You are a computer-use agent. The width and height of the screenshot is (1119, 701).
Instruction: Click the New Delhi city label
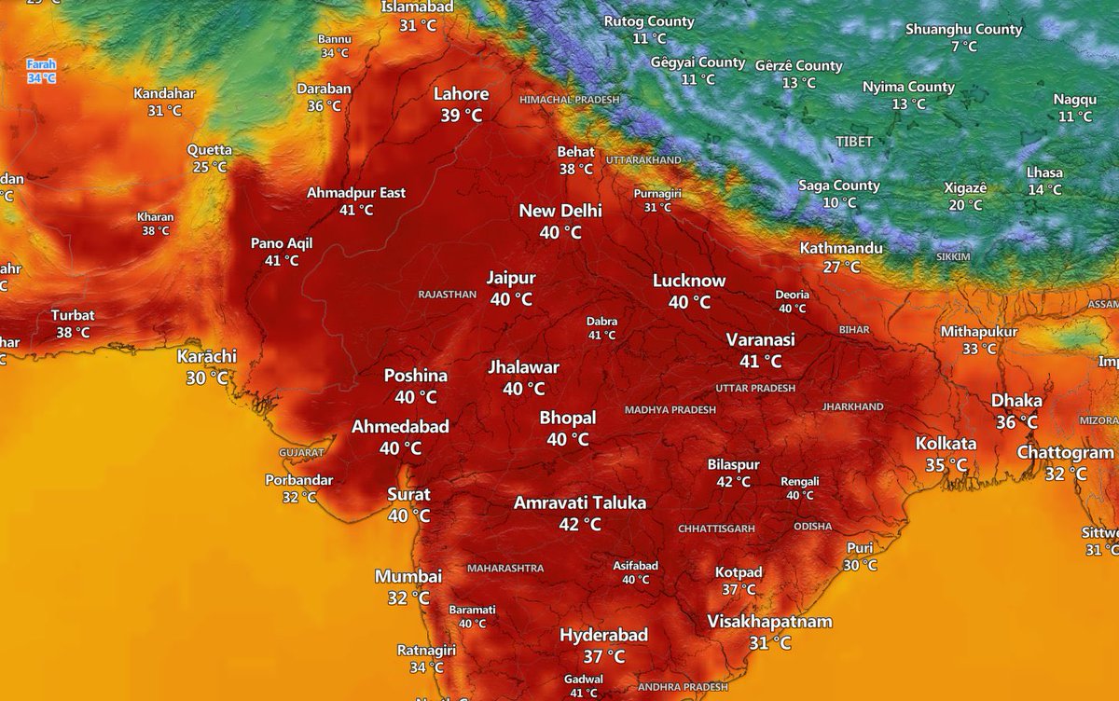coord(560,211)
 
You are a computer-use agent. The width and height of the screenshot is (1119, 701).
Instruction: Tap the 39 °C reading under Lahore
coord(462,116)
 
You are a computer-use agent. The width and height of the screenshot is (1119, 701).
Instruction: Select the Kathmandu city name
coord(841,249)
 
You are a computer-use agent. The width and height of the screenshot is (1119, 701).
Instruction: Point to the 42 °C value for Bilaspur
coord(733,482)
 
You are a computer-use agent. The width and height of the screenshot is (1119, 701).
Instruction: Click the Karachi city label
coord(207,357)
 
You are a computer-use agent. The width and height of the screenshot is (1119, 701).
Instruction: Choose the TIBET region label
coord(855,142)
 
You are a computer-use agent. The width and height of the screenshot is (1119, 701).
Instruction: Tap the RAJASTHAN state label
coord(448,295)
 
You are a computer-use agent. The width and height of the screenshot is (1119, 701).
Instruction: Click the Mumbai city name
coord(408,577)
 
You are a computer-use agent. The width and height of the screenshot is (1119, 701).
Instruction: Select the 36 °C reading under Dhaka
coord(1016,421)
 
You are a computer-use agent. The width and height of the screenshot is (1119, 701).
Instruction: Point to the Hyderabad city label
coord(603,636)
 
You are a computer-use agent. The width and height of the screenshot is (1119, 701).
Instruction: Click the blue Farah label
coord(41,65)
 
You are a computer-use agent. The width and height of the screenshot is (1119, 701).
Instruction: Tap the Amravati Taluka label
coord(579,503)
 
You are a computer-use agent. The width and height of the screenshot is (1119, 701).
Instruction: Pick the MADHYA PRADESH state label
coord(670,410)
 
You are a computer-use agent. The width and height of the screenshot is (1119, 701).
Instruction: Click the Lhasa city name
coord(1044,172)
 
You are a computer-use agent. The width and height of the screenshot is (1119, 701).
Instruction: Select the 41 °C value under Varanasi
coord(761,361)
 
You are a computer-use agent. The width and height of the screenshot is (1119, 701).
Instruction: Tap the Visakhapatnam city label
coord(769,622)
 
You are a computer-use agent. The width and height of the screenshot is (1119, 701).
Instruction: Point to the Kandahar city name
coord(164,93)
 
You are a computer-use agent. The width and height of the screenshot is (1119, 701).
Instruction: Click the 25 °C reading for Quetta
coord(209,167)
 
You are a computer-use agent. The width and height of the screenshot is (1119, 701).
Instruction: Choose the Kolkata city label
coord(946,444)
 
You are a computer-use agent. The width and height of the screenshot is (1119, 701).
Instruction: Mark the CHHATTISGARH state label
coord(716,529)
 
